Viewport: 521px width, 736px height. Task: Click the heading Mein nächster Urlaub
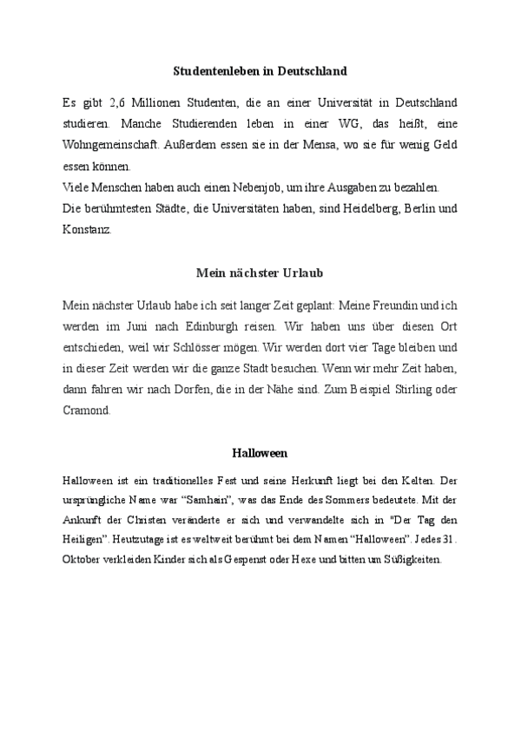pos(260,273)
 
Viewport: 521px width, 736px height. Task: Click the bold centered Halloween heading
pos(260,453)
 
